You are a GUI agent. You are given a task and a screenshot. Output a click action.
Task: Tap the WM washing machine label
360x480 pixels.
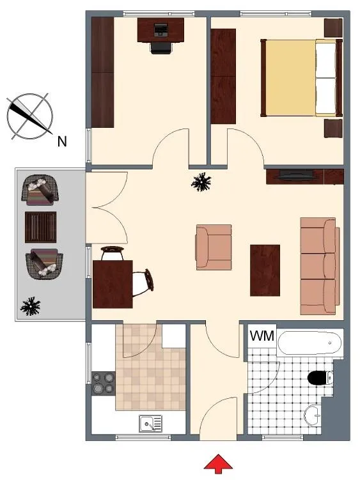262,336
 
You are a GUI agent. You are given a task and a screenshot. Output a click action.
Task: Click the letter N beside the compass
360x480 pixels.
62,141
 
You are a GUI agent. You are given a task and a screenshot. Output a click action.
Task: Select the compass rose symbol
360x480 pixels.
30,116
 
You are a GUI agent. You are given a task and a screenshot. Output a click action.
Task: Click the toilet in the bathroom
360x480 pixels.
320,378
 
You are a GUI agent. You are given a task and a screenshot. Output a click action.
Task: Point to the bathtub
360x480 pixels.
309,343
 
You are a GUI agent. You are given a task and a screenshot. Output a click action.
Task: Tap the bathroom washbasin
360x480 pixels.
313,415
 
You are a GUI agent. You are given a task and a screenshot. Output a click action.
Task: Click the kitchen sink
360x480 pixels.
150,424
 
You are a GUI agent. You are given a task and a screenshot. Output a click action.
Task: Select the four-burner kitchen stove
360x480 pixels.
104,383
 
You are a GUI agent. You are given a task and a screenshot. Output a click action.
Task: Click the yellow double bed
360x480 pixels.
301,78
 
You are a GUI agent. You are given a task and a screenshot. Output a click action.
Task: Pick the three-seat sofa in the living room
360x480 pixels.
320,266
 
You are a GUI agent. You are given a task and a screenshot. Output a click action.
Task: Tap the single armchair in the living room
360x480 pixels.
214,247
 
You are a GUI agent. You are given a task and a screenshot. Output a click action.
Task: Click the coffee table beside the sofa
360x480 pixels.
265,270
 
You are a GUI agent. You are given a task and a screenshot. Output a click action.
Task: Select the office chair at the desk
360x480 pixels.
161,48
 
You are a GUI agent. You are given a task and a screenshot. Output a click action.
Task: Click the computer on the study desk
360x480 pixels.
160,30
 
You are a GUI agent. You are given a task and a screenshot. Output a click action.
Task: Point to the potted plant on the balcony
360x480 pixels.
30,306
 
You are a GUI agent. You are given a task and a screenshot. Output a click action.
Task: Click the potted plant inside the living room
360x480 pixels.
201,182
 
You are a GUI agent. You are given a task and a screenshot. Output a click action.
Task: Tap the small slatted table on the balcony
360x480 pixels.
40,227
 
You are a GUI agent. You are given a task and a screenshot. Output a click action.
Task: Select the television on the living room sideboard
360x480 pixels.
295,174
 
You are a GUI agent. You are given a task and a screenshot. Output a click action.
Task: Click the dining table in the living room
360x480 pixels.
113,284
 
